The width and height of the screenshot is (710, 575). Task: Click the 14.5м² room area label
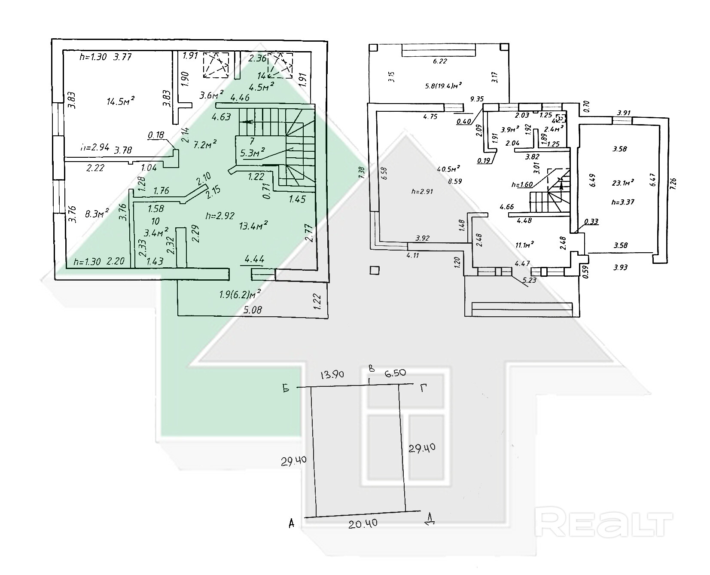[x=121, y=101]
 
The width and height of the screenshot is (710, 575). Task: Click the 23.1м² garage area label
[x=623, y=183]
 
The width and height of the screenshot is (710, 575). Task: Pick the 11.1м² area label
[x=524, y=245]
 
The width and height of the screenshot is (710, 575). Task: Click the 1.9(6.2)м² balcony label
[x=240, y=295]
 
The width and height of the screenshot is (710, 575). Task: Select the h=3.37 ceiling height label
[x=623, y=202]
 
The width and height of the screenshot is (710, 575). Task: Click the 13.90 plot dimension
[x=332, y=374]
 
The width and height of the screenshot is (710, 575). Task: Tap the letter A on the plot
[x=292, y=523]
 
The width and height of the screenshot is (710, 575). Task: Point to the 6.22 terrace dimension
[x=439, y=61]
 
